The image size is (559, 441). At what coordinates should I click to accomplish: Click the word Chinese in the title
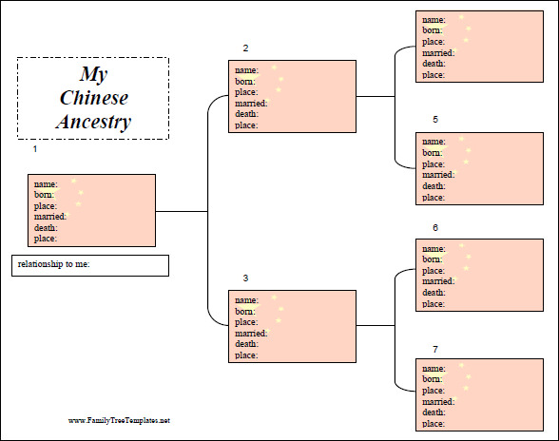tap(94, 98)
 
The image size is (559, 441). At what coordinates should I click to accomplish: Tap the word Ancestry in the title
tap(93, 122)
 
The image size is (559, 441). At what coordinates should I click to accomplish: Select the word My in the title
tap(93, 74)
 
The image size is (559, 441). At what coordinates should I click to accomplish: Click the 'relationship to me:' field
tap(90, 265)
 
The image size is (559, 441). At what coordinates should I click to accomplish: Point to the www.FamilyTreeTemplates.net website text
tap(119, 420)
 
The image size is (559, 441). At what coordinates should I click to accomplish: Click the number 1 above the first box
tap(35, 149)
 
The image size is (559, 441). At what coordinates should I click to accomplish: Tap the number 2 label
tap(245, 48)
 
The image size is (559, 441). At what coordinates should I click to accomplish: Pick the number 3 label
tap(245, 278)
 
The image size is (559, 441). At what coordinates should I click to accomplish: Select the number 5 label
tap(435, 120)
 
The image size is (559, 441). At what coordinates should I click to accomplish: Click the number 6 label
tap(435, 228)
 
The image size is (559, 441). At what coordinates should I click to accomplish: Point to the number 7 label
tap(435, 350)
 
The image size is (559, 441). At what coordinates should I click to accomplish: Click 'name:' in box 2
tap(247, 70)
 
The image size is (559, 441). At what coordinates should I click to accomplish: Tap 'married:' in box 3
tap(251, 334)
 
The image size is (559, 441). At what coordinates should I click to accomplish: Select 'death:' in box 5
tap(434, 186)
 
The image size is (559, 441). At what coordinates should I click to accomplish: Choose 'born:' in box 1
tap(44, 195)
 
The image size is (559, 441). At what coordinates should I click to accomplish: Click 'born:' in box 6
tap(433, 259)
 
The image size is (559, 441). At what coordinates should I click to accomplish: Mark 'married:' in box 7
tap(438, 402)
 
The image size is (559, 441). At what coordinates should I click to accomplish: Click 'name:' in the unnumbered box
tap(434, 20)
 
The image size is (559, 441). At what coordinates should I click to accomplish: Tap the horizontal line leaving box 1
tap(182, 211)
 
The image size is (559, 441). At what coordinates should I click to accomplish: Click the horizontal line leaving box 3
tap(376, 325)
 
